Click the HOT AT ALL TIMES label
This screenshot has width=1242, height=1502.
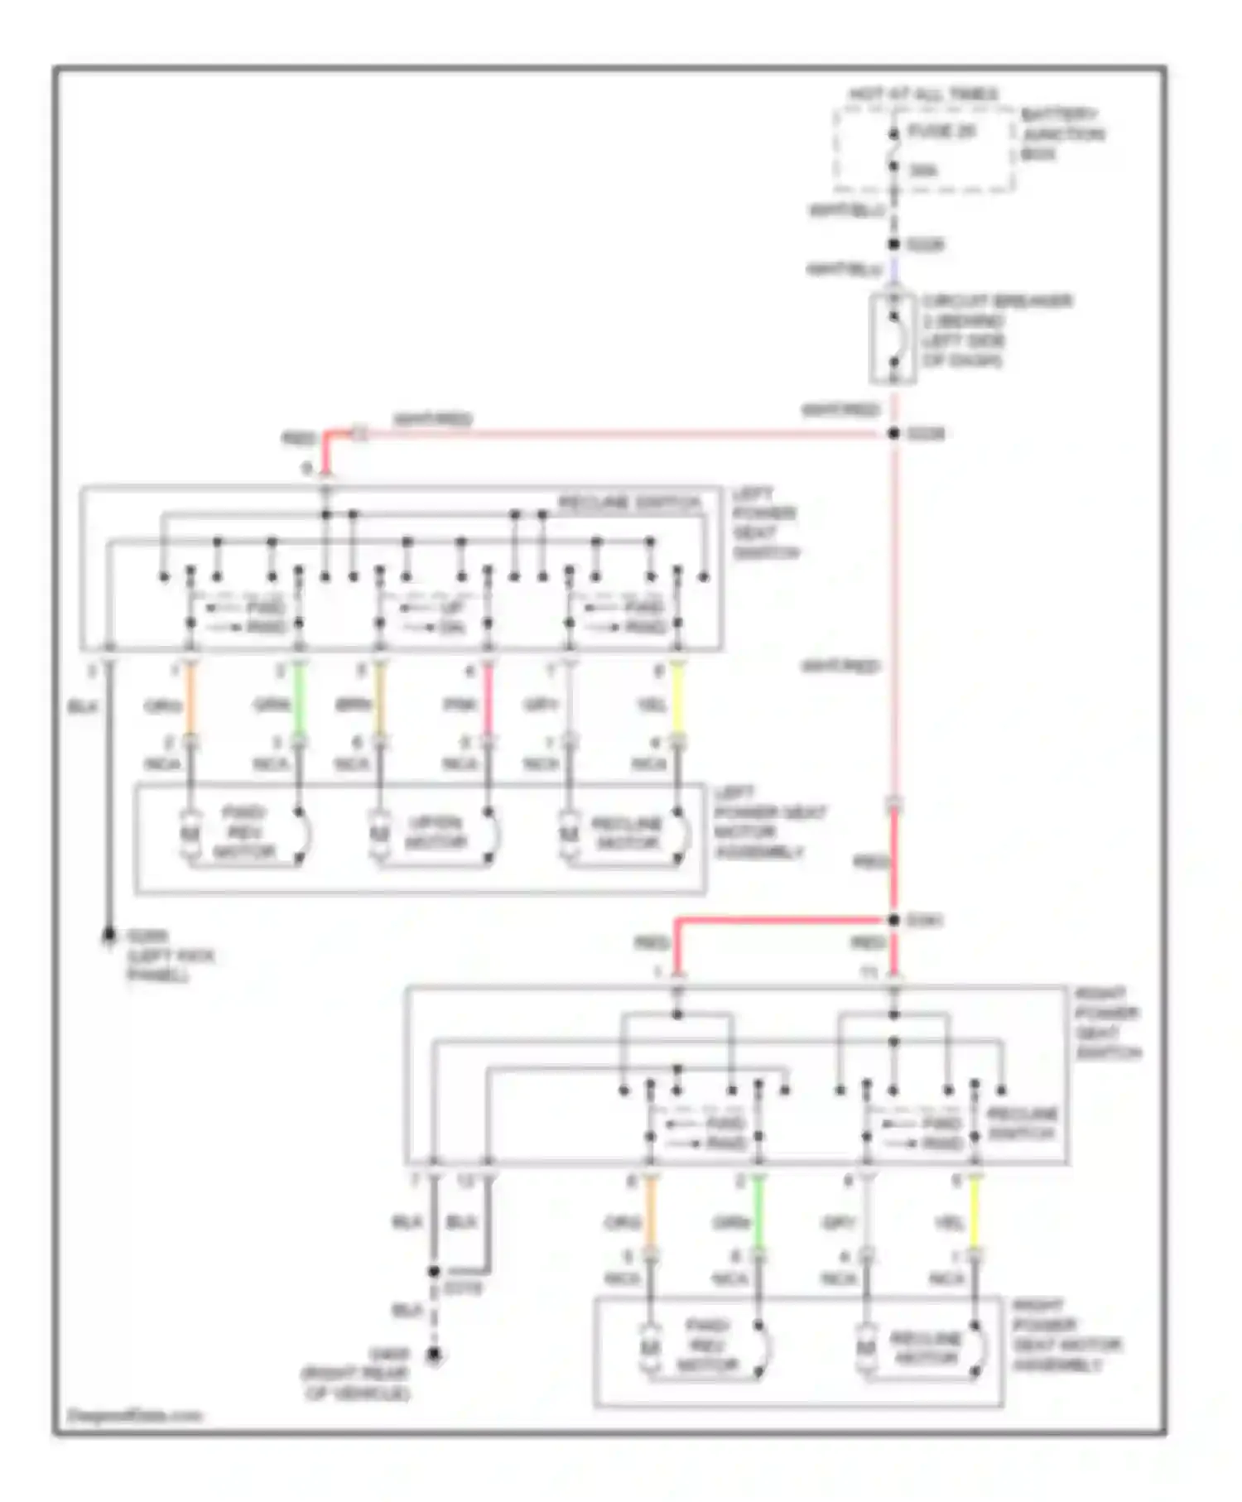coord(924,94)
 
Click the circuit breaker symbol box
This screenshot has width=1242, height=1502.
coord(893,339)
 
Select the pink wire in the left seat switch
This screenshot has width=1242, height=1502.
coord(488,702)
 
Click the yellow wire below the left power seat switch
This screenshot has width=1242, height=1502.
coord(677,702)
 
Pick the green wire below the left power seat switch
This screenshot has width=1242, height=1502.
coord(299,702)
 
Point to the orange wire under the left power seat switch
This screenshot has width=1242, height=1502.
coord(190,702)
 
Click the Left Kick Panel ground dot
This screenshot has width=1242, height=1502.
coord(108,936)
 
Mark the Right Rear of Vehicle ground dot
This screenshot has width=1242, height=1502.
coord(433,1355)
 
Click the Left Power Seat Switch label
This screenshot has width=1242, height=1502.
coord(763,523)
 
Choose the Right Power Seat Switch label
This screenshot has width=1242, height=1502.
coord(1107,1023)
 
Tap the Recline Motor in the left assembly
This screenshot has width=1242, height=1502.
coord(626,833)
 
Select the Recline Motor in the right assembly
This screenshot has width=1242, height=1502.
coord(925,1348)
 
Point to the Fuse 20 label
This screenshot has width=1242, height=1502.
coord(942,132)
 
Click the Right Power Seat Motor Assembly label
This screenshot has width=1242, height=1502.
coord(1066,1335)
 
